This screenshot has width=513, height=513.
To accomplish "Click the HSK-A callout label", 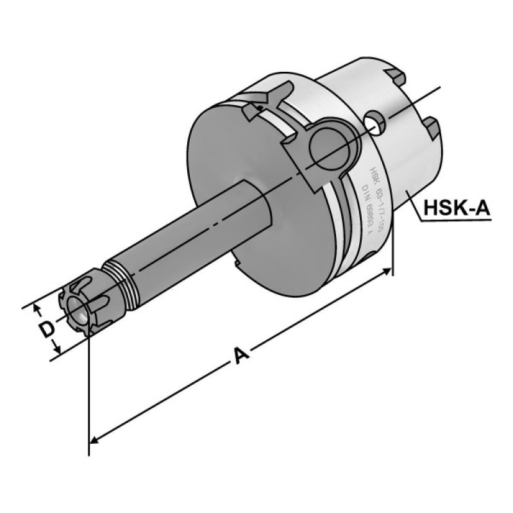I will pyautogui.click(x=457, y=208).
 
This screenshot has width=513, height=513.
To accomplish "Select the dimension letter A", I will pyautogui.click(x=242, y=355).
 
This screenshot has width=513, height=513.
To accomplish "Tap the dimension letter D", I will pyautogui.click(x=45, y=330).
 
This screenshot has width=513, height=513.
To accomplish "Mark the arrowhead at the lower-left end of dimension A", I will pyautogui.click(x=93, y=441).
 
